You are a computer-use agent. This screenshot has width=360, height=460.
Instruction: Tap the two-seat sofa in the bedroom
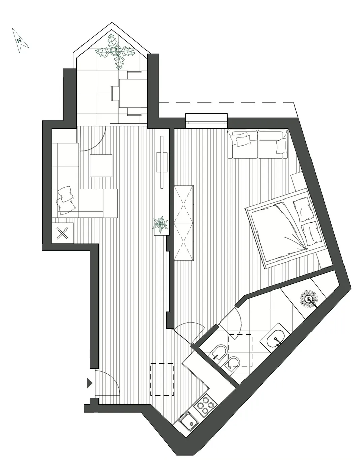tap(258, 144)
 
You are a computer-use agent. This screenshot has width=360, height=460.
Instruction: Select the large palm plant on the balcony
tap(116, 51)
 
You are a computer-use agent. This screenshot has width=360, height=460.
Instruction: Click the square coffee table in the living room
tap(101, 165)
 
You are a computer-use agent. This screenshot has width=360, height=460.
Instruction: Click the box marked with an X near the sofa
tap(63, 233)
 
